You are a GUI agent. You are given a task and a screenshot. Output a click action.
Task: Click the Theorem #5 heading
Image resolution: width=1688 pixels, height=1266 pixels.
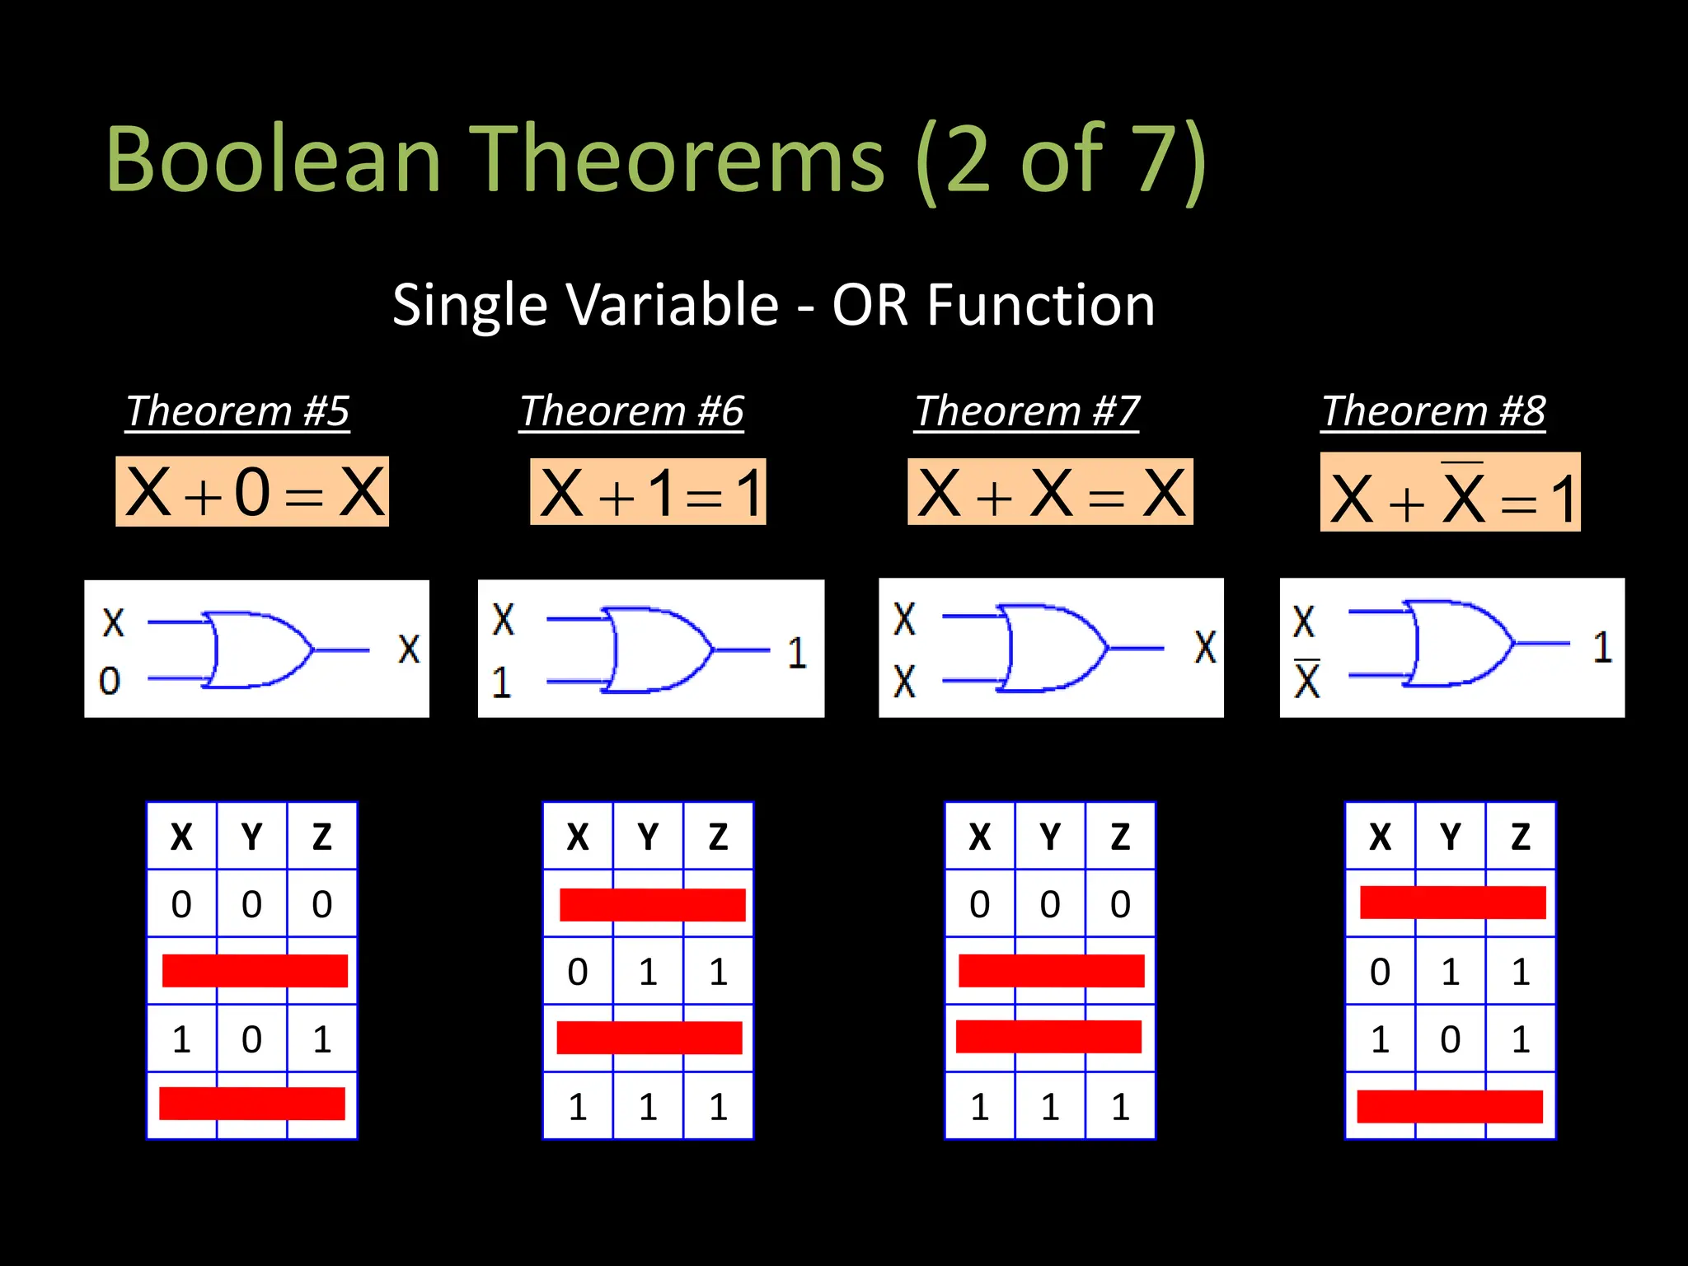(x=237, y=410)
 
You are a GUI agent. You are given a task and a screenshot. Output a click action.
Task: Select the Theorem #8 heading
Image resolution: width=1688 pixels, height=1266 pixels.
(x=1433, y=410)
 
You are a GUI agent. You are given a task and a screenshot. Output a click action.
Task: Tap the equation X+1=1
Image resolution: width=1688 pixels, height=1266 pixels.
(x=648, y=493)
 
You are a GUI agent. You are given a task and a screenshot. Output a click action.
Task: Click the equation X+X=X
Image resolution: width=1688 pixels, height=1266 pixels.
(x=1050, y=493)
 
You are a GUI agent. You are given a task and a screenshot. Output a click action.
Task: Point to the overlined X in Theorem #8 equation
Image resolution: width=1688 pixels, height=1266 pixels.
(x=1463, y=496)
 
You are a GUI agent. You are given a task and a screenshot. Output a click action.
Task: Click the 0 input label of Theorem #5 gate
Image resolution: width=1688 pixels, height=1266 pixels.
(x=110, y=681)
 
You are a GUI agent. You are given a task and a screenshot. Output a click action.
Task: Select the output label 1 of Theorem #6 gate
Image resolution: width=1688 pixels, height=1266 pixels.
(x=795, y=653)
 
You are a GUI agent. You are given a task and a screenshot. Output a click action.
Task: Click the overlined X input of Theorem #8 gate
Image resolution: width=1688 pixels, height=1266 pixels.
(x=1306, y=681)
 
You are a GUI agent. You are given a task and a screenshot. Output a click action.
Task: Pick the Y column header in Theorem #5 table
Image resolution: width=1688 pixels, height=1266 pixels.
(x=251, y=837)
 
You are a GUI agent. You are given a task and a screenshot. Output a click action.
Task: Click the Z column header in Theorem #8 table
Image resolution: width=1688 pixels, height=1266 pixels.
(x=1520, y=837)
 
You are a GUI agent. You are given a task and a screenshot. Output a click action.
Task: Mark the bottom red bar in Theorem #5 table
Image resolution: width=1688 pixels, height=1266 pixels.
(x=251, y=1104)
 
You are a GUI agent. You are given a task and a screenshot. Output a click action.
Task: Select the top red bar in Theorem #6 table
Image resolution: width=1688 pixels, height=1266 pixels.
(x=652, y=904)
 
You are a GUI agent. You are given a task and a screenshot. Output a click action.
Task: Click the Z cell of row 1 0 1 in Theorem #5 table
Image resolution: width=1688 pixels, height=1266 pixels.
(x=321, y=1039)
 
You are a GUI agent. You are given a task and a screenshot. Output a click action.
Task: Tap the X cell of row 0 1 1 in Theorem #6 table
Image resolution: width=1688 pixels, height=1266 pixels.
(x=578, y=973)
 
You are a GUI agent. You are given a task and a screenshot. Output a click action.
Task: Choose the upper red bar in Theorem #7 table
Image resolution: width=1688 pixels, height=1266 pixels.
(x=1051, y=970)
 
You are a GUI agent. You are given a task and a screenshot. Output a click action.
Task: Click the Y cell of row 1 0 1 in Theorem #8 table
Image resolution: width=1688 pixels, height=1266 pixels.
(x=1450, y=1039)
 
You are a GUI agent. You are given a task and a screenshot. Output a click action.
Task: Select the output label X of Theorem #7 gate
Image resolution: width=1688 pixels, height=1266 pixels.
(x=1205, y=648)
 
